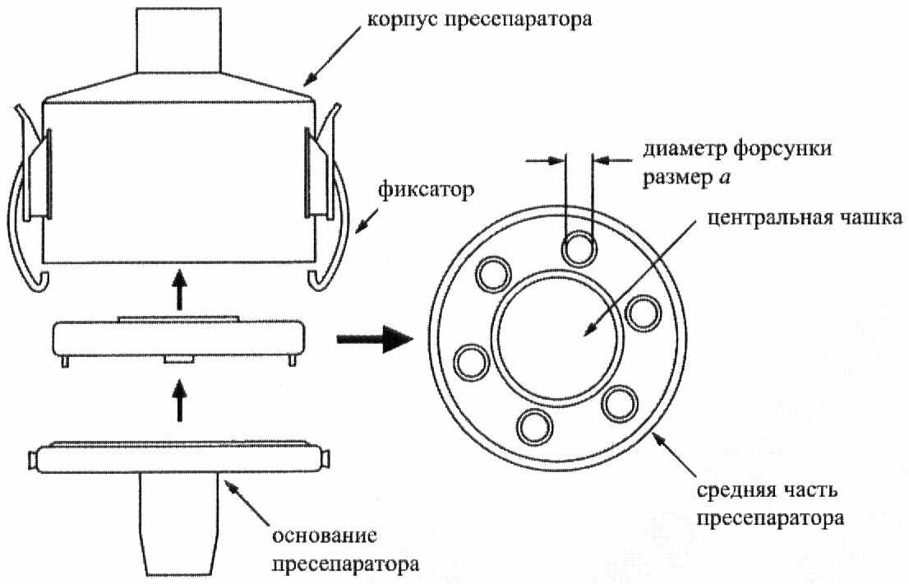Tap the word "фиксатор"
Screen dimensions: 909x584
coord(426,190)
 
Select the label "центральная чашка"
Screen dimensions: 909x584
coord(805,218)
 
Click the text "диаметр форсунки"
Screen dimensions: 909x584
coord(737,149)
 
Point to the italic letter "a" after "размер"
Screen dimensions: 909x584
coord(725,178)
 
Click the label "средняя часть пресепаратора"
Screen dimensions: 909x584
coord(770,504)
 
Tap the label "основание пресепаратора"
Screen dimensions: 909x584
coord(345,549)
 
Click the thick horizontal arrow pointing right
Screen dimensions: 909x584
coord(375,339)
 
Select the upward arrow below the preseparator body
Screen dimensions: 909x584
coord(181,290)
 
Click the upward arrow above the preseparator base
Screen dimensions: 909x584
coord(181,400)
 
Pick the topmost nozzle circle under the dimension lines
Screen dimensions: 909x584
coord(579,249)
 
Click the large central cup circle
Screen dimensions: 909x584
coord(557,336)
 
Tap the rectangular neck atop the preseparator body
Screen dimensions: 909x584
coord(178,40)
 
